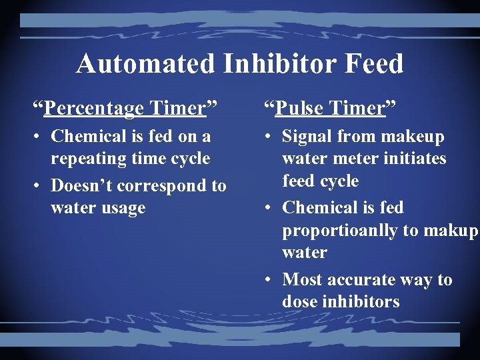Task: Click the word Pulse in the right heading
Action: tap(299, 108)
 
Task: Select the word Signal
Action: tap(309, 137)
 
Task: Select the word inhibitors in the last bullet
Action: tap(362, 302)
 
